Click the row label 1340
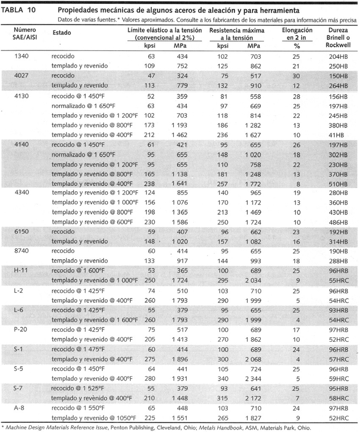(22, 56)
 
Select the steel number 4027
(22, 76)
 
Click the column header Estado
(62, 33)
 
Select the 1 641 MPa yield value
(180, 184)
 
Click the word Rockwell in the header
(338, 45)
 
